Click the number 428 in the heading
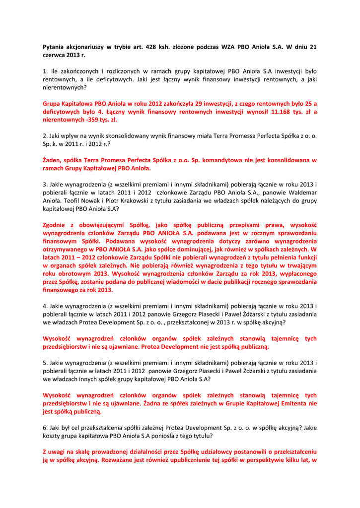[x=151, y=47]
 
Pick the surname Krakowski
[x=131, y=200]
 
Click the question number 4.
[x=45, y=306]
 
